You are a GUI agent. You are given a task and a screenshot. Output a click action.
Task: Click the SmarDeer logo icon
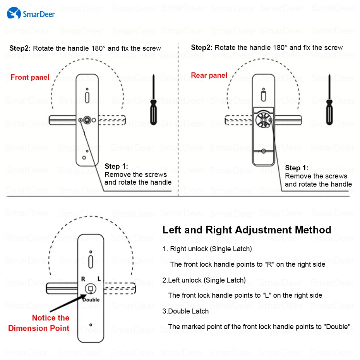pyautogui.click(x=14, y=14)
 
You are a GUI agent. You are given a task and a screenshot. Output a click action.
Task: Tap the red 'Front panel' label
pyautogui.click(x=30, y=77)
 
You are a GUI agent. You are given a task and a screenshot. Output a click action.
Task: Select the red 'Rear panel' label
pyautogui.click(x=209, y=75)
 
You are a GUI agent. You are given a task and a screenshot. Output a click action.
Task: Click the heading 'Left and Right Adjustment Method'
pyautogui.click(x=247, y=230)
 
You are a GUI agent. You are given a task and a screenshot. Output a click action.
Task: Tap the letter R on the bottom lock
pyautogui.click(x=83, y=279)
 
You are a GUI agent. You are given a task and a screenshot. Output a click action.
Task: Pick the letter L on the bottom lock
pyautogui.click(x=99, y=279)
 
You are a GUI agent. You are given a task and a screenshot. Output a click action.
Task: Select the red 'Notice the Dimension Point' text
pyautogui.click(x=39, y=323)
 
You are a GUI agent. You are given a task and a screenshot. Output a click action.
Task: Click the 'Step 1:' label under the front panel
pyautogui.click(x=116, y=166)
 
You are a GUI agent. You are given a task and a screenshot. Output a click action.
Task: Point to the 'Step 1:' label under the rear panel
pyautogui.click(x=297, y=168)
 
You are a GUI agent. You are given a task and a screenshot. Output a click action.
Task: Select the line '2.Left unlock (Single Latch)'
pyautogui.click(x=204, y=280)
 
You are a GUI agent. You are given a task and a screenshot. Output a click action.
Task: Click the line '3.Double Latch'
pyautogui.click(x=185, y=311)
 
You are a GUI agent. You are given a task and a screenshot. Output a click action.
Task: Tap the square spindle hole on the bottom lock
pyautogui.click(x=91, y=289)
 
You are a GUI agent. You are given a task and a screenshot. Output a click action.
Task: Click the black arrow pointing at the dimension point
pyautogui.click(x=66, y=304)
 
